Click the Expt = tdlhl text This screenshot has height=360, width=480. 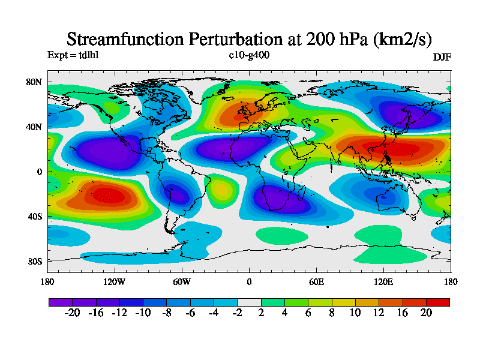coord(73,55)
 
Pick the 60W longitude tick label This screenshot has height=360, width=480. coord(182,281)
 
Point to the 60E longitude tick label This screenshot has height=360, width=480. coord(316,281)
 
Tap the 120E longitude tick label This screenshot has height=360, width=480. coord(383,281)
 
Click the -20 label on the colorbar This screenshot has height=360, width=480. coord(72,313)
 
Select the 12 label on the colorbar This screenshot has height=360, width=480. coord(379,313)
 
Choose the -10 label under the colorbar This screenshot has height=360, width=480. coord(143,313)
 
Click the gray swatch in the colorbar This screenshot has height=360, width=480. coord(249,302)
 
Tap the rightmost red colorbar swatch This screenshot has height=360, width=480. coord(437,302)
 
